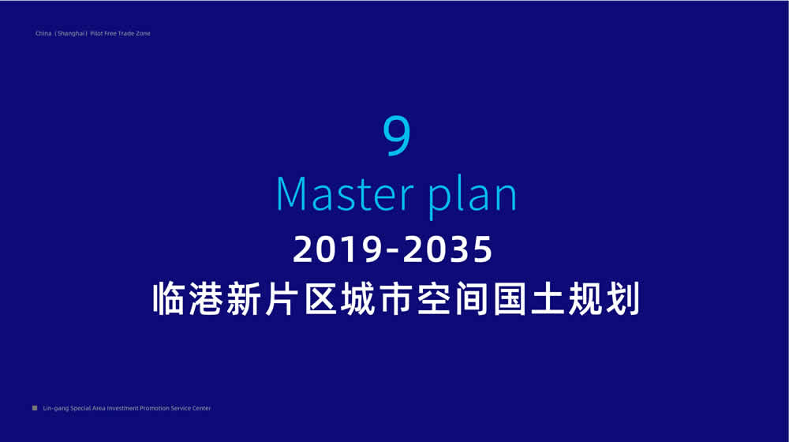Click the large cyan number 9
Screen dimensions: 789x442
point(397,135)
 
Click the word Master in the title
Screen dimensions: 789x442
point(345,194)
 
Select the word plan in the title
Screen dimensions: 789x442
point(473,198)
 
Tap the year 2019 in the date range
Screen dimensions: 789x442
point(337,249)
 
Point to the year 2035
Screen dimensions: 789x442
point(447,249)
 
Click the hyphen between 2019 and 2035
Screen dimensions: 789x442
point(392,251)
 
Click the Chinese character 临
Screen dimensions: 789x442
point(169,298)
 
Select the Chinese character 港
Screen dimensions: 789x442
point(206,298)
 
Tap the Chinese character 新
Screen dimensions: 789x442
point(244,298)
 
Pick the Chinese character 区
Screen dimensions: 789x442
point(320,298)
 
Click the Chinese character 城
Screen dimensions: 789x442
point(357,298)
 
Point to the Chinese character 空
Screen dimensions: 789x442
point(434,298)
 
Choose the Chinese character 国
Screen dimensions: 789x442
point(510,298)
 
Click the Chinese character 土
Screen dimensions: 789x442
point(548,298)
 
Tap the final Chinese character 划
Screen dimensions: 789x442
point(623,298)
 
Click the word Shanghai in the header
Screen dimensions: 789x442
point(71,34)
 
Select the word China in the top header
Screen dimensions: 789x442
point(43,33)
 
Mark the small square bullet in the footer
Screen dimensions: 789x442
point(35,408)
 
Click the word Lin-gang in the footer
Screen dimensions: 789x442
point(56,408)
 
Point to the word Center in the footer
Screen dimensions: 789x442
point(201,408)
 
